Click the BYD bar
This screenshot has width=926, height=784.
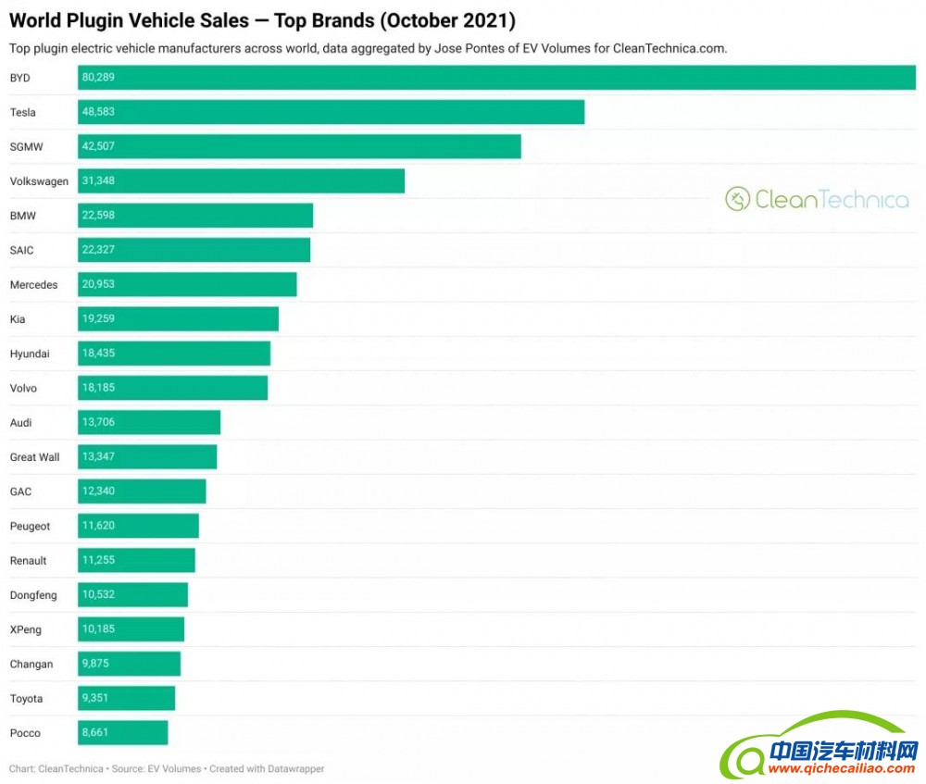(x=496, y=78)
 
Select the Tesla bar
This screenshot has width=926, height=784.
(x=331, y=112)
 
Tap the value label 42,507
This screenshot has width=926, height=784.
(x=98, y=146)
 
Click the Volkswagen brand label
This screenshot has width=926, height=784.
(x=39, y=181)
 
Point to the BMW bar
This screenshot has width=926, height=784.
(x=195, y=216)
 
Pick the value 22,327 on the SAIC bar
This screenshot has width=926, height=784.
(x=98, y=250)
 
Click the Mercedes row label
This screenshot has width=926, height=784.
(x=33, y=285)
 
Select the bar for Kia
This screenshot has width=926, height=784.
(x=178, y=319)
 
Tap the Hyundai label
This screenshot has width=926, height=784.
(x=30, y=354)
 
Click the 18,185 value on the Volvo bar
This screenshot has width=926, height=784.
(x=98, y=388)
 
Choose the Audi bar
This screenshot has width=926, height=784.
(x=149, y=422)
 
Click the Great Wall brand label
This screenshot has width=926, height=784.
(x=34, y=457)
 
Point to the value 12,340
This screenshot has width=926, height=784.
(x=98, y=492)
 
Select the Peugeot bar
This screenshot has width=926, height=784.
(x=138, y=526)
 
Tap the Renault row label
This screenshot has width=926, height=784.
(x=28, y=561)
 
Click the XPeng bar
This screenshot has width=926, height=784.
(x=131, y=629)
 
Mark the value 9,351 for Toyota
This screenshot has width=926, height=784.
(x=95, y=699)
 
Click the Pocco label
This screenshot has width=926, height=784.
(x=25, y=733)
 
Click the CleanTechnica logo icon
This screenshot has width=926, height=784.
(x=737, y=199)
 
